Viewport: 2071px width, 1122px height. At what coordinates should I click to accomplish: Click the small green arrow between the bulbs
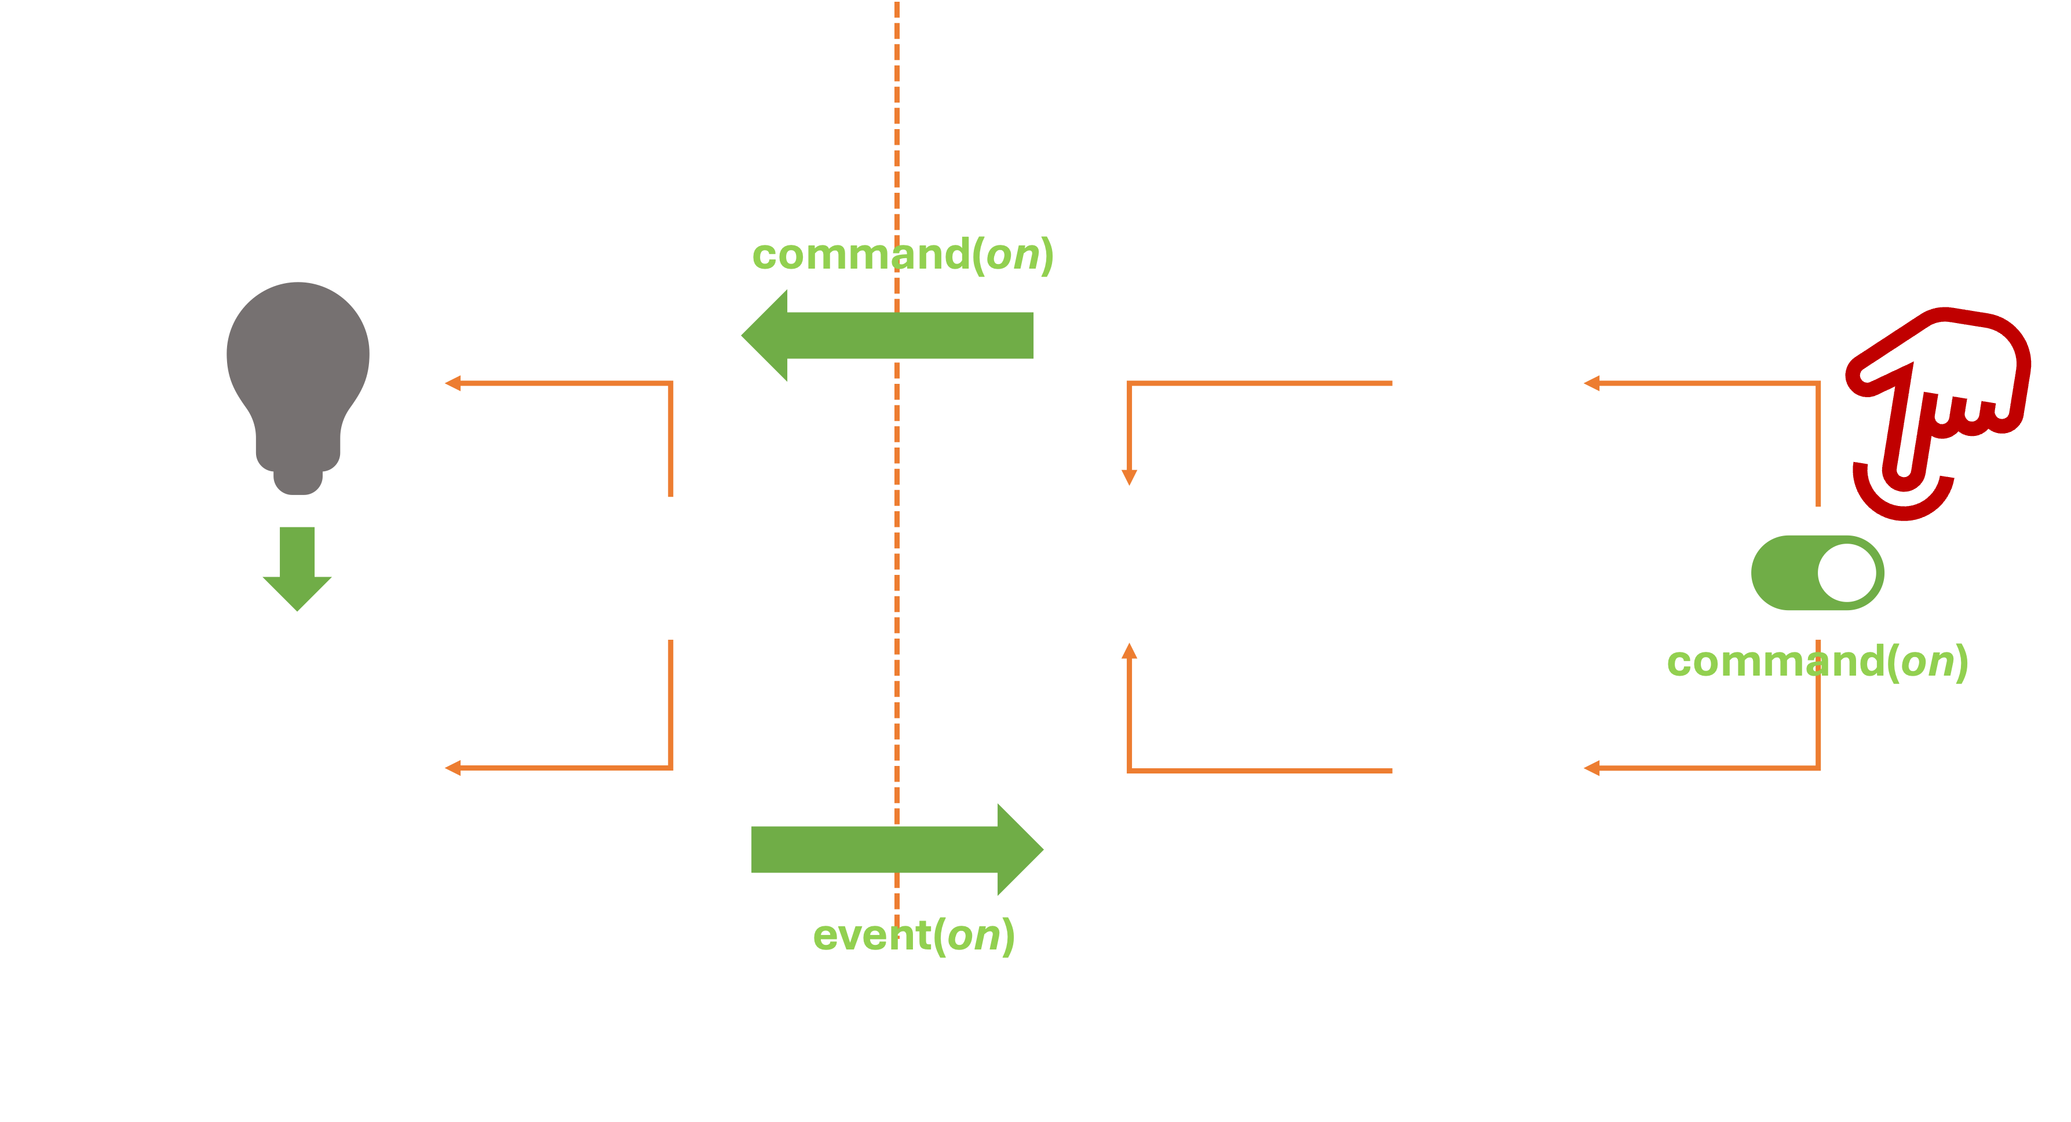click(297, 567)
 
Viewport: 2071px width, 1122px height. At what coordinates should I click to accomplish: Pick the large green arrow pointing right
click(896, 849)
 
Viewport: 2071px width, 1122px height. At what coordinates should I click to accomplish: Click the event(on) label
click(914, 935)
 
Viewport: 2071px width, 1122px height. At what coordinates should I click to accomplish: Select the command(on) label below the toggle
click(1817, 662)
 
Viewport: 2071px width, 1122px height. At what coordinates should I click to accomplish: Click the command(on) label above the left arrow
click(902, 255)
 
